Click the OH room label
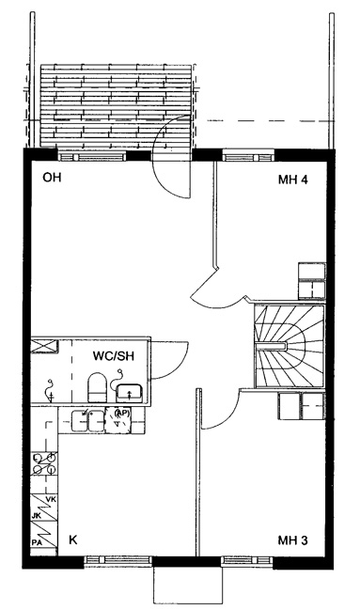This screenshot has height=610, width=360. coord(52,178)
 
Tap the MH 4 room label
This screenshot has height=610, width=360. coord(292,180)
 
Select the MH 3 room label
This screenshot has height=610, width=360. coord(292,540)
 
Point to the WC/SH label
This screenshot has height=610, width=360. coord(113,355)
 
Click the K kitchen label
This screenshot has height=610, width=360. coord(72,540)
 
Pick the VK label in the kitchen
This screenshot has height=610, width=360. coord(51,499)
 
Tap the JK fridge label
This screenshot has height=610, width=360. coord(37,516)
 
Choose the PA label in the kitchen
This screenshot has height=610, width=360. coord(37,541)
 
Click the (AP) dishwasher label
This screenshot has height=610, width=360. coord(122,413)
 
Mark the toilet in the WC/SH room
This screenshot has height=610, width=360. coord(98,387)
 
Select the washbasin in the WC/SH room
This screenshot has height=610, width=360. coord(130,393)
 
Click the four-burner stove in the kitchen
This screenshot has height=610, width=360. coord(44,463)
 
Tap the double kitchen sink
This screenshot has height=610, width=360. coord(87,421)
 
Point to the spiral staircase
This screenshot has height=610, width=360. coord(290,346)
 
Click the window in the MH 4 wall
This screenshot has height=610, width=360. coord(248,157)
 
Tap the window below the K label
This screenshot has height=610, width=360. coord(117,560)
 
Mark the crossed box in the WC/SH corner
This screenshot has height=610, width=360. coord(45,346)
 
